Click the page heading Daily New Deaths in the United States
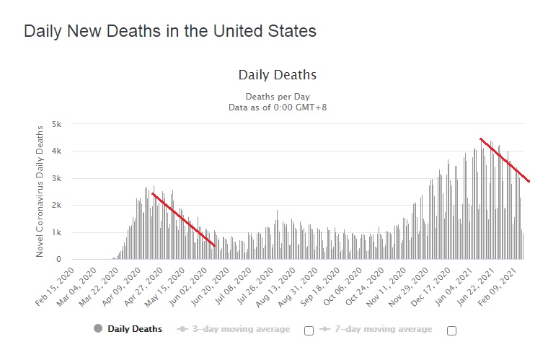point(170,32)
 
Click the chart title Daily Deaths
point(277,75)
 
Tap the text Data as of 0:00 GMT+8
point(278,107)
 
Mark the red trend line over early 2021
point(505,160)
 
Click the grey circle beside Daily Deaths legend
point(99,329)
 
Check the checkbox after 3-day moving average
point(309,330)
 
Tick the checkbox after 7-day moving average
point(452,330)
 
